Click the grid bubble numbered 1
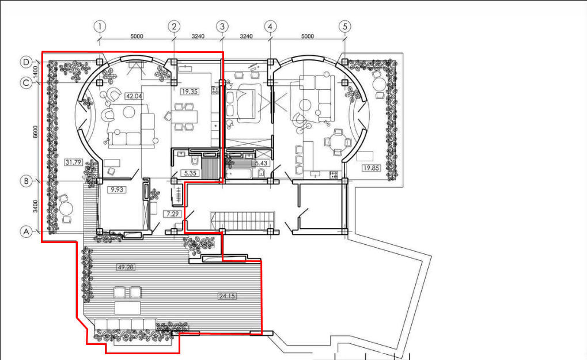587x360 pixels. click(100, 26)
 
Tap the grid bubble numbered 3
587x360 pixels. click(222, 26)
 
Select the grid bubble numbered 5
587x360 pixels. click(345, 26)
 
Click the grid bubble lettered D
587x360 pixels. click(26, 62)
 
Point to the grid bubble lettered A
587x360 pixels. click(26, 232)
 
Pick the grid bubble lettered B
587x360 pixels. click(26, 181)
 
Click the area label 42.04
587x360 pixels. click(134, 96)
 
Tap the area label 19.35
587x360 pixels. click(190, 92)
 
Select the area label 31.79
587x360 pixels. click(73, 162)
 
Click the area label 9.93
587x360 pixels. click(117, 190)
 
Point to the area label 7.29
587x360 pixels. click(172, 214)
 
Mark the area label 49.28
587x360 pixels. click(126, 267)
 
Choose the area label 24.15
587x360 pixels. click(227, 296)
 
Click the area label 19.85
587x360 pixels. click(371, 168)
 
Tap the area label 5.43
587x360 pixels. click(262, 163)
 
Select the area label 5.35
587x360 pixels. click(191, 173)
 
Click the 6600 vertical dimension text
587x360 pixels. click(36, 132)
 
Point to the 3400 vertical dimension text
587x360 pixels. click(36, 206)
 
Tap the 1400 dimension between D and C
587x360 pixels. click(36, 72)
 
